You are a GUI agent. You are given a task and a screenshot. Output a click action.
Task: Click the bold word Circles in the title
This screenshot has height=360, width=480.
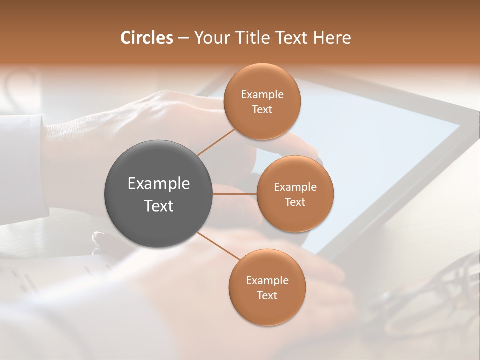click(x=146, y=38)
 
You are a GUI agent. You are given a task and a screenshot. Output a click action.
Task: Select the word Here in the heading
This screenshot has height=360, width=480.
click(x=332, y=38)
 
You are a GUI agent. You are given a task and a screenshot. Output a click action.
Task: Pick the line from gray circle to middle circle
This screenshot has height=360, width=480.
click(x=235, y=194)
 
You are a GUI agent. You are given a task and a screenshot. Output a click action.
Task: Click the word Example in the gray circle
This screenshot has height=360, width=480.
click(x=159, y=184)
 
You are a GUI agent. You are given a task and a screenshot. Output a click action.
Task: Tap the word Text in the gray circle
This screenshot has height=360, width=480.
click(x=159, y=206)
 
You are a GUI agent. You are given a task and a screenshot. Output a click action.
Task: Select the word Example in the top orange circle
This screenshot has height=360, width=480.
click(x=262, y=95)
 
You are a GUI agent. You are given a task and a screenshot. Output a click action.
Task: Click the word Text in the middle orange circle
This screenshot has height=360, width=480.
click(x=295, y=202)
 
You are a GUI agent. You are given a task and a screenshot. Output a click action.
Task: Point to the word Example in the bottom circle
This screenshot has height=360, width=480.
click(x=267, y=281)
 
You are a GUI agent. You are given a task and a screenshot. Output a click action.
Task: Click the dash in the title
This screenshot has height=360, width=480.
click(x=183, y=38)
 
